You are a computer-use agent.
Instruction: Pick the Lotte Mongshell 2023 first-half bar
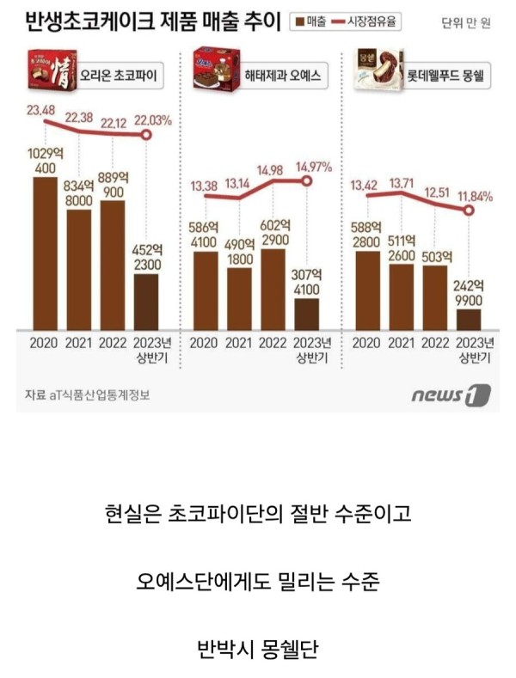point(469,319)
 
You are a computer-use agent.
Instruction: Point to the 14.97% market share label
point(314,165)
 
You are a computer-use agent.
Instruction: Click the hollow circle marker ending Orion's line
point(146,135)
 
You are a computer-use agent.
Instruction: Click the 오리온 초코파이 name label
point(124,76)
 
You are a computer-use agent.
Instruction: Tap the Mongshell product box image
point(379,72)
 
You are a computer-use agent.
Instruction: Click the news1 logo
point(450,395)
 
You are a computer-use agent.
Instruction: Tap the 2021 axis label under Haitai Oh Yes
point(240,342)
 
